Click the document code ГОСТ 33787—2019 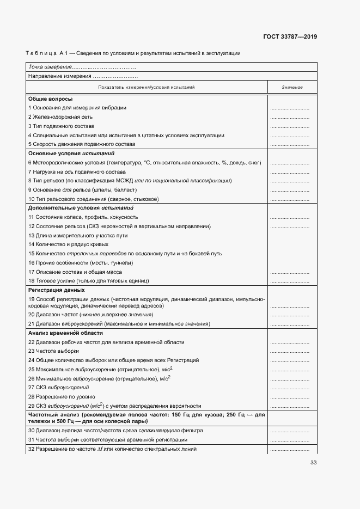[289, 37]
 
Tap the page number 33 [313, 463]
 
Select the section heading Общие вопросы [50, 99]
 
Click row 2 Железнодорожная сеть [60, 117]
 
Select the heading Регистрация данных [56, 290]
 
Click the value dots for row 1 [289, 108]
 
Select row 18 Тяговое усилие [88, 281]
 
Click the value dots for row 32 [289, 450]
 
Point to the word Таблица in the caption [40, 53]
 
